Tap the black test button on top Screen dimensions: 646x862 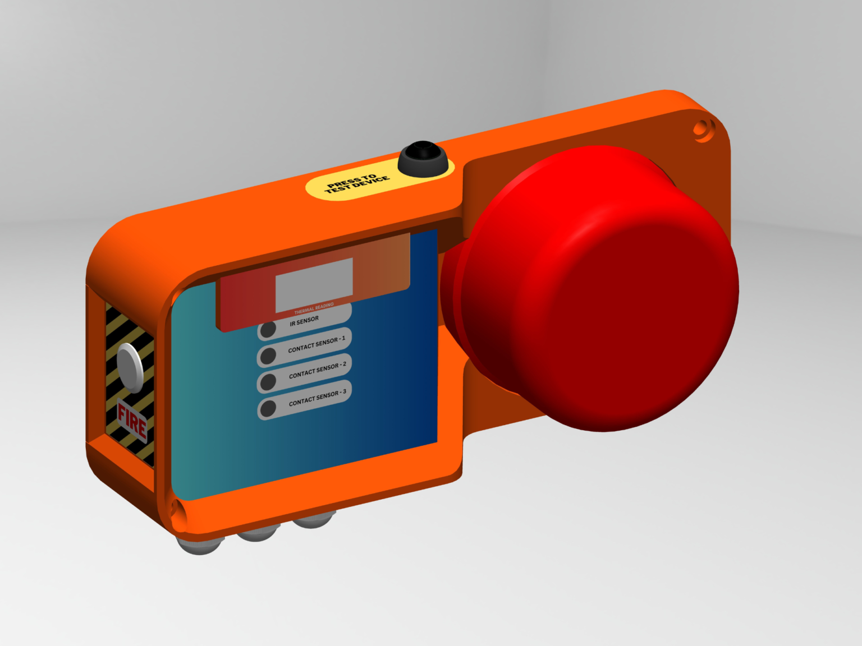(424, 158)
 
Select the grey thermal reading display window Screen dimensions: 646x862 (314, 285)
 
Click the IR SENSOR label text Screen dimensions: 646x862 (304, 321)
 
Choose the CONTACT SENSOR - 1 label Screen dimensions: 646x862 (317, 345)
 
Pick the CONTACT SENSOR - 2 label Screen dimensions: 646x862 (317, 371)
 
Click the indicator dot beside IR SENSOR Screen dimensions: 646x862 (268, 329)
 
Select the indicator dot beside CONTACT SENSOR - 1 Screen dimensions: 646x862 (268, 356)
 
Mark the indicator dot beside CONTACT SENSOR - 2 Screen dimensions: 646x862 (268, 381)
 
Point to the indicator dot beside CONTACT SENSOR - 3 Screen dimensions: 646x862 (268, 408)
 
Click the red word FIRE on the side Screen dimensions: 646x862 (132, 421)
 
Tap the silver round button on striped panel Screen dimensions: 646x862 (130, 367)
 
